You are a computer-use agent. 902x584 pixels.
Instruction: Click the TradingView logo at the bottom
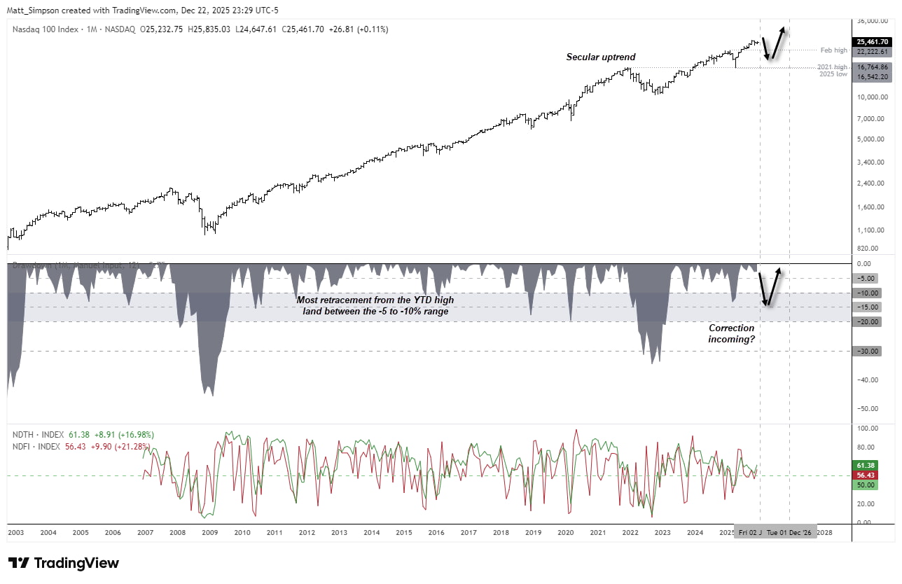click(x=64, y=563)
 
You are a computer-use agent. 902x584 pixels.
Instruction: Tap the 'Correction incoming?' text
click(x=731, y=333)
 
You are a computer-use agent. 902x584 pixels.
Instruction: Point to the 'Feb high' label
click(x=833, y=50)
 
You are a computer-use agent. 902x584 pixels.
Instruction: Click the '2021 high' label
click(x=833, y=67)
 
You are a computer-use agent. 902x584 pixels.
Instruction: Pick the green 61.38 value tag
click(x=866, y=465)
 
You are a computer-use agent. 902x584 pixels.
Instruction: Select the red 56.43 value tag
click(x=866, y=475)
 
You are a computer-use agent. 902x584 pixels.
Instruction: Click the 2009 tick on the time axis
click(x=209, y=532)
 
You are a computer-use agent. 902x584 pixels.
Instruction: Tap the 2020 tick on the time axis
click(x=565, y=532)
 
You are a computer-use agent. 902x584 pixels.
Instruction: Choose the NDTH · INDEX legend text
click(x=39, y=435)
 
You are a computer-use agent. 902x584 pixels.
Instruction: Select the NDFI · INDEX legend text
click(x=38, y=445)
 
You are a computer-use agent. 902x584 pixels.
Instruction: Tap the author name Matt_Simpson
click(x=34, y=7)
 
